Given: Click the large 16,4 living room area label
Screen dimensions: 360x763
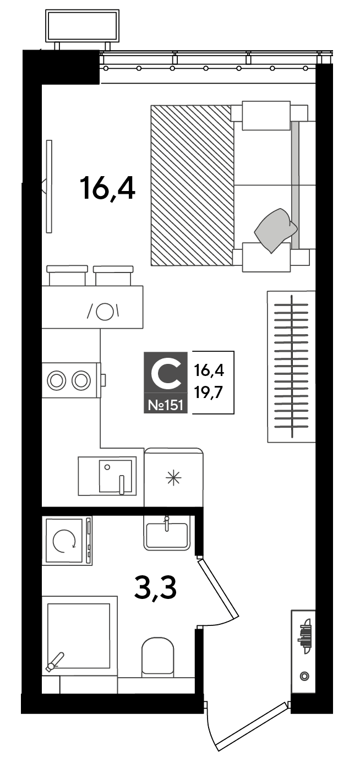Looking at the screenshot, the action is tap(107, 188).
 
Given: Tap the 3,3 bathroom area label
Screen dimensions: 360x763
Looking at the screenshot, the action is tap(155, 586).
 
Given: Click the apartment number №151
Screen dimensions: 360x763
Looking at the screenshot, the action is tap(166, 406).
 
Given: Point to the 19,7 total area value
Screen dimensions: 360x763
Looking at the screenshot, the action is tap(209, 394).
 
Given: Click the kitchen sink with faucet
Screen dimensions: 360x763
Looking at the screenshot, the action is tap(107, 476).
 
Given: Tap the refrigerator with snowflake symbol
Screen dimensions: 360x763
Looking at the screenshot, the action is tap(174, 477).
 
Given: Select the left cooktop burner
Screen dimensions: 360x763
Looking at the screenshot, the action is tap(56, 380).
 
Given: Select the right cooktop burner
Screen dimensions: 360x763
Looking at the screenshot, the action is tap(81, 380).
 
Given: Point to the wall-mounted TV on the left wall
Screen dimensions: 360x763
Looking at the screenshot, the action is tap(48, 186).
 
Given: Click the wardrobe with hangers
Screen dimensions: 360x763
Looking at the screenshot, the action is tap(292, 367).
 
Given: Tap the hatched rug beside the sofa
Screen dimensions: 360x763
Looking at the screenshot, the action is tap(193, 186).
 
